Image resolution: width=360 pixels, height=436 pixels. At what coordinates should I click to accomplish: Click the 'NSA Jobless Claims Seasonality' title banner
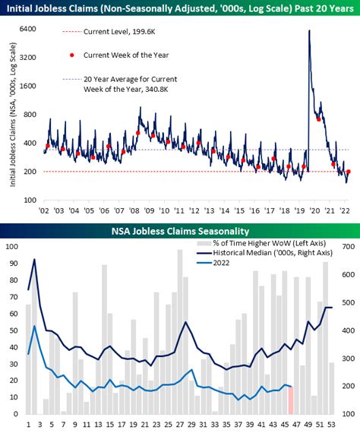point(180,231)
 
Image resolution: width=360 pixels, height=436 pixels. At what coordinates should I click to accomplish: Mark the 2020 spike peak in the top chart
point(309,31)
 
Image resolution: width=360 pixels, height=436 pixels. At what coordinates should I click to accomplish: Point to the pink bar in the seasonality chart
point(290,400)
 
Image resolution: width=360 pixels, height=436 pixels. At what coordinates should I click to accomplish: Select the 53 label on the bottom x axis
point(331,425)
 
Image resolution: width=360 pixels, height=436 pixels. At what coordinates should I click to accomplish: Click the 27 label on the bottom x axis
point(179,425)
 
